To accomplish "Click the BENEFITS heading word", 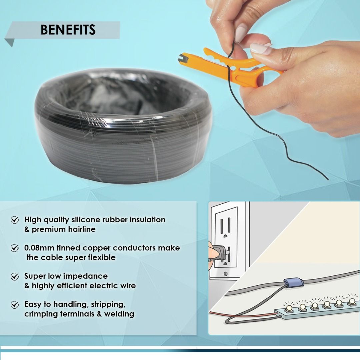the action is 68,30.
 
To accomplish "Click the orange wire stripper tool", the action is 230,67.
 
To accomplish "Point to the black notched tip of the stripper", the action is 183,59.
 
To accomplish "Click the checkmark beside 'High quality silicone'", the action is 15,220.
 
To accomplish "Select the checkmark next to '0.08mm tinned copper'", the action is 15,248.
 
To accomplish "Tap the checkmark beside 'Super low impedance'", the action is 15,277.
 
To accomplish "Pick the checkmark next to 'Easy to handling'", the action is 15,305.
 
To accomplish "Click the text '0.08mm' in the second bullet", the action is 39,248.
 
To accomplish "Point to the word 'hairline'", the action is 82,229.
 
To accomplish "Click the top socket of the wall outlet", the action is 226,227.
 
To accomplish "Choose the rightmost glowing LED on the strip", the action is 352,301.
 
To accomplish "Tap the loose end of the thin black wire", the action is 328,179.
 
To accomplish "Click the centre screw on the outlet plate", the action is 225,274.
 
